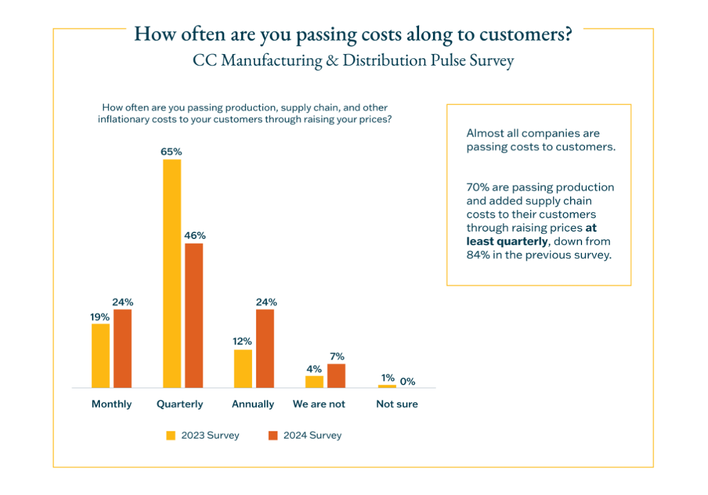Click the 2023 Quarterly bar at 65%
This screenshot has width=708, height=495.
click(x=171, y=273)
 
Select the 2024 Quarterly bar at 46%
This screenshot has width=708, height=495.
click(x=194, y=315)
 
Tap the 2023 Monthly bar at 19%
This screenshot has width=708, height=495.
click(x=101, y=355)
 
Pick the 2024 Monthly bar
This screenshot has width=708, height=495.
click(x=122, y=348)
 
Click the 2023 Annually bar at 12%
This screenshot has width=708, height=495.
click(x=243, y=368)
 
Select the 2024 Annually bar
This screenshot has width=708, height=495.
click(x=265, y=348)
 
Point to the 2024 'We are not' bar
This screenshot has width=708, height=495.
click(x=336, y=375)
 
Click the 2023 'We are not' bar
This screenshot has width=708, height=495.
click(x=314, y=382)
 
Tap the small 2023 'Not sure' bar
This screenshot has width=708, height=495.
click(x=387, y=386)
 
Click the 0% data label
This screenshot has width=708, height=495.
click(x=408, y=382)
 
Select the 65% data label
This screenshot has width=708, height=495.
click(x=171, y=152)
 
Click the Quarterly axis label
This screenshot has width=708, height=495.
click(x=180, y=404)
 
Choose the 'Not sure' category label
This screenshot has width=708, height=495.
click(x=397, y=404)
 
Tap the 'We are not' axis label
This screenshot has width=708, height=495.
click(x=319, y=404)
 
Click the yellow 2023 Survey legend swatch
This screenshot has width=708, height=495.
click(x=171, y=436)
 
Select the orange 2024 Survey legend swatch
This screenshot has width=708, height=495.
click(x=273, y=436)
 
